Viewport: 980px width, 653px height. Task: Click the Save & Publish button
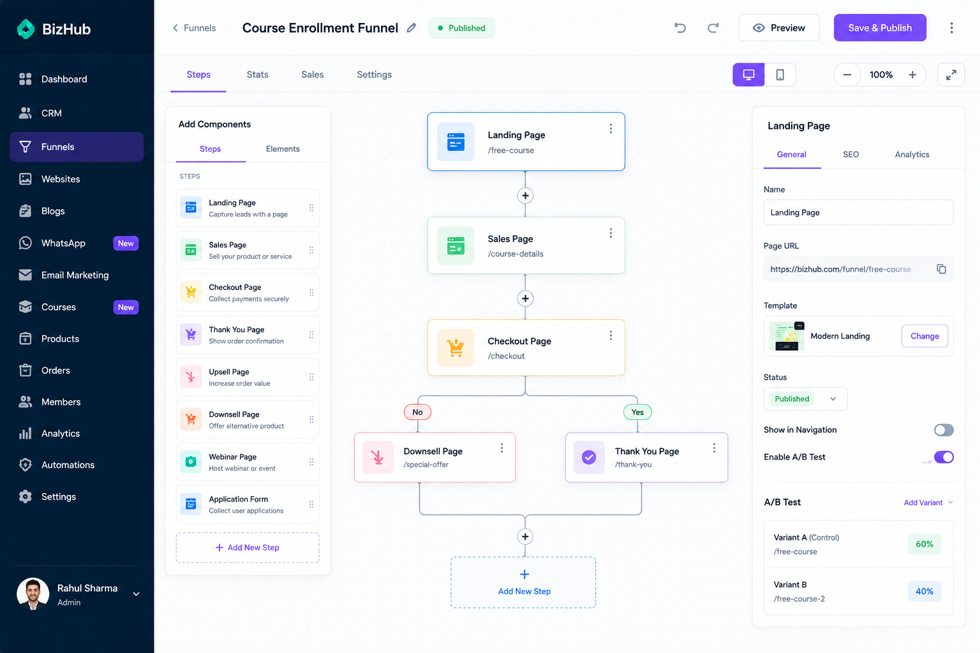pyautogui.click(x=880, y=28)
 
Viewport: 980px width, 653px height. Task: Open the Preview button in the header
pyautogui.click(x=779, y=28)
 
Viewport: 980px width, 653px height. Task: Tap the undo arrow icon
pyautogui.click(x=680, y=28)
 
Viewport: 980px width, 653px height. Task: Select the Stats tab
pyautogui.click(x=257, y=75)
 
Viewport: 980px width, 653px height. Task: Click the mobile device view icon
pyautogui.click(x=780, y=75)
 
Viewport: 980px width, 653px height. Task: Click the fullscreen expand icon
pyautogui.click(x=951, y=75)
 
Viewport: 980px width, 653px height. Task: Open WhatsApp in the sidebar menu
pyautogui.click(x=63, y=243)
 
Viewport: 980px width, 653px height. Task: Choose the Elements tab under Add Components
pyautogui.click(x=283, y=149)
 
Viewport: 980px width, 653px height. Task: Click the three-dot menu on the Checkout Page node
pyautogui.click(x=611, y=335)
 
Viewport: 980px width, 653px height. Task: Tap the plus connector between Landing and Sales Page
pyautogui.click(x=525, y=196)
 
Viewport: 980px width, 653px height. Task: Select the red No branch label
pyautogui.click(x=417, y=412)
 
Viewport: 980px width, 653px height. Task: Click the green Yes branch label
pyautogui.click(x=637, y=412)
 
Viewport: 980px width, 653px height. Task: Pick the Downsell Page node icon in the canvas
pyautogui.click(x=378, y=457)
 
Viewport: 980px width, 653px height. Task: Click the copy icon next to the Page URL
pyautogui.click(x=941, y=269)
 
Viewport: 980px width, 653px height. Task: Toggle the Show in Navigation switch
pyautogui.click(x=944, y=430)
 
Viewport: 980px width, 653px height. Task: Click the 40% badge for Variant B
pyautogui.click(x=924, y=591)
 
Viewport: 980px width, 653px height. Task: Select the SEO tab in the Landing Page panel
pyautogui.click(x=851, y=154)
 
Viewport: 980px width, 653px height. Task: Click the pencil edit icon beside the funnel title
pyautogui.click(x=412, y=28)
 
